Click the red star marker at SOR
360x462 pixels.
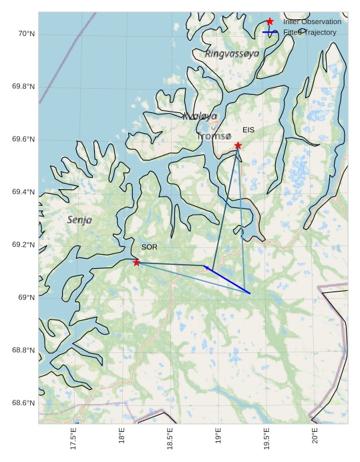[x=136, y=262]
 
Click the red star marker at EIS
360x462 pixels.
[x=238, y=145]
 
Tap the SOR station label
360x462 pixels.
[x=149, y=247]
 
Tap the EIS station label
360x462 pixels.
[x=248, y=130]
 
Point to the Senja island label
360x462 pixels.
[x=79, y=219]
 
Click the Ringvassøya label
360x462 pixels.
[x=232, y=53]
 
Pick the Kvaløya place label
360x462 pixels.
[x=200, y=116]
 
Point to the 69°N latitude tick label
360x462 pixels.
[x=25, y=298]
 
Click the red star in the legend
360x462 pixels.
[x=270, y=21]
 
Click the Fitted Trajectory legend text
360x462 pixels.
[x=309, y=32]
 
